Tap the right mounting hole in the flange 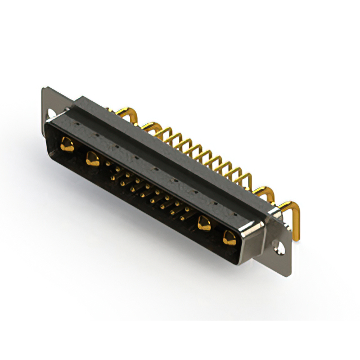click(x=277, y=246)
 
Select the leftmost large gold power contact click(x=67, y=145)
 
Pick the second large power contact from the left click(x=92, y=159)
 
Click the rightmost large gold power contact click(x=229, y=238)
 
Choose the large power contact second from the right click(x=204, y=224)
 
